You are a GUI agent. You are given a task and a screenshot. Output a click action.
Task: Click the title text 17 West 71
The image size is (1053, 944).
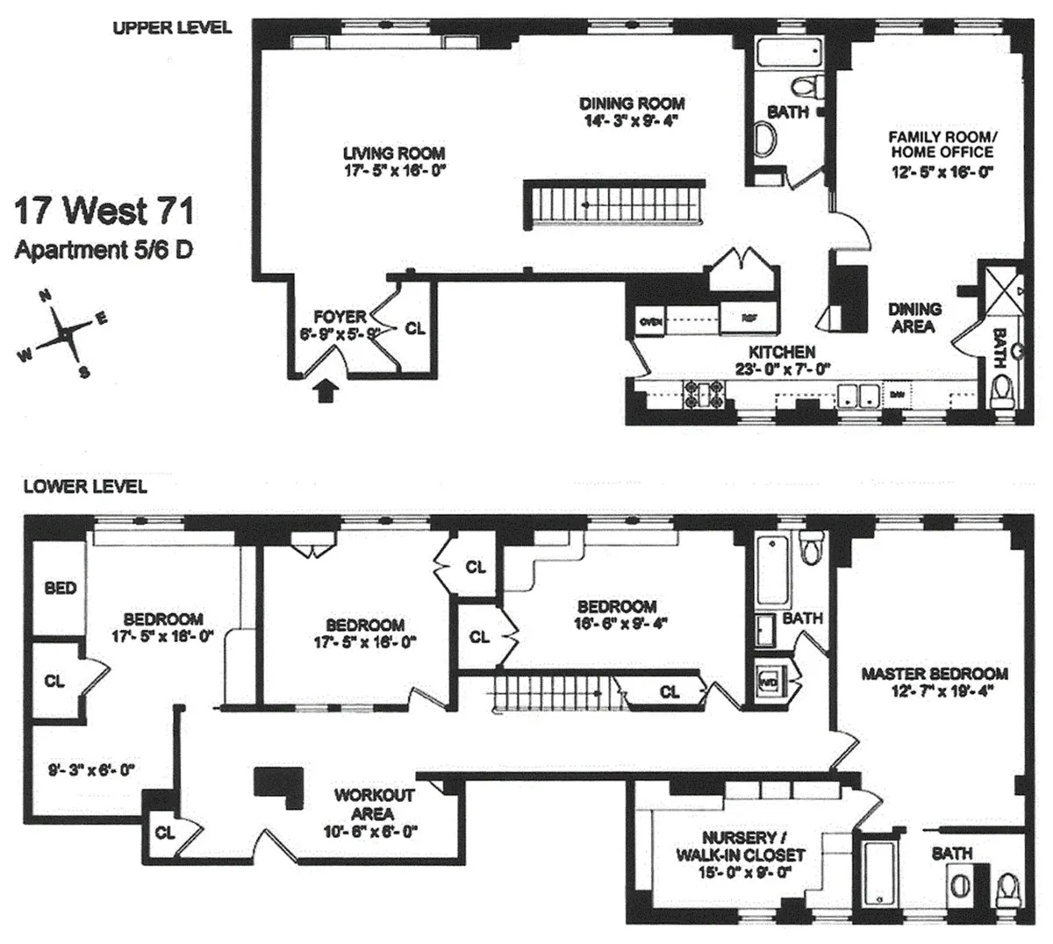104,212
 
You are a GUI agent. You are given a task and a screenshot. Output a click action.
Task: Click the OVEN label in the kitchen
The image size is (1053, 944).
651,320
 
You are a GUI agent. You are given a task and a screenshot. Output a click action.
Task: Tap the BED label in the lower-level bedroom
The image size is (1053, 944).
61,588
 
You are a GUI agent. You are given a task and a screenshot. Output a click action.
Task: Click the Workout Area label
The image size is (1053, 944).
374,804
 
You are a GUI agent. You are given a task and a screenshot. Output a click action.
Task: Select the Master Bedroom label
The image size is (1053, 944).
934,674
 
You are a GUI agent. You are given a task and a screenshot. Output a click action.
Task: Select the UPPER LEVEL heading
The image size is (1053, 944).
172,27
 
